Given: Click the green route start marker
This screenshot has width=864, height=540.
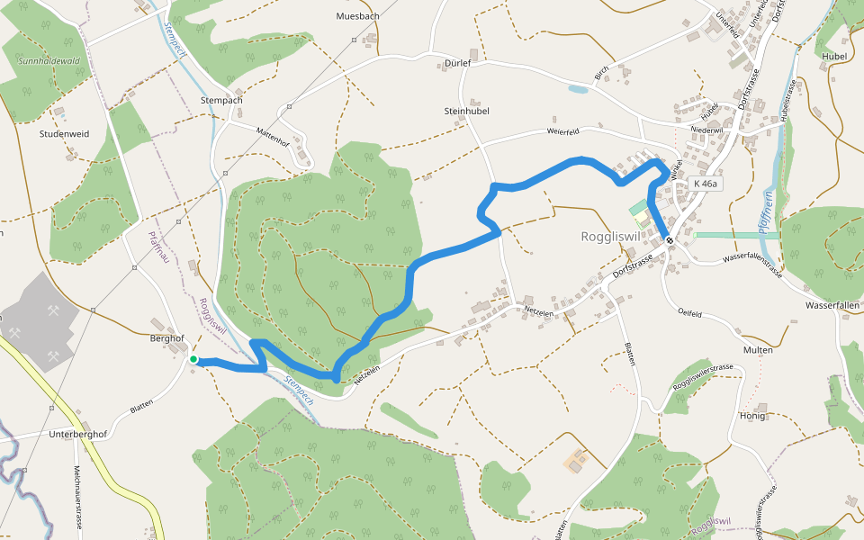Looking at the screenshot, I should [193, 359].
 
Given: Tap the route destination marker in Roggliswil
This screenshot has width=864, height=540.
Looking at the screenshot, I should [670, 239].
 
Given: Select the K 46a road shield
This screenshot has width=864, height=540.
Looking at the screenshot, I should [706, 184].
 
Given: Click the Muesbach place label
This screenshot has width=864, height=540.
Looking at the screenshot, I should [357, 16].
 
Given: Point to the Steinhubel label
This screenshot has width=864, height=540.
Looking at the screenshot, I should [465, 110].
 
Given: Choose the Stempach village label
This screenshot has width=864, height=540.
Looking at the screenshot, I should [221, 100].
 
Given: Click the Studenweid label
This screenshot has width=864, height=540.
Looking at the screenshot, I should [64, 133].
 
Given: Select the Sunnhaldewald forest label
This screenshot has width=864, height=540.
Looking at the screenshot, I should [49, 61].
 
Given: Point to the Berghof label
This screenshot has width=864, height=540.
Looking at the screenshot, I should [166, 338].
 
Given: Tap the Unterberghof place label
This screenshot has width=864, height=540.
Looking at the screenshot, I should [79, 435].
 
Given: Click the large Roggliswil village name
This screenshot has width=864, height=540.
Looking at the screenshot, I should [609, 238].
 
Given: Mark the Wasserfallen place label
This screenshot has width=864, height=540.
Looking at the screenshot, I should [833, 305].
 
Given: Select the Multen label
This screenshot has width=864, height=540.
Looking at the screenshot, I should [758, 349].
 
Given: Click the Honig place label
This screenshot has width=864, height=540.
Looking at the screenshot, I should [751, 416].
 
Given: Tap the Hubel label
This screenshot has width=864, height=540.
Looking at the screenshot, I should [834, 56].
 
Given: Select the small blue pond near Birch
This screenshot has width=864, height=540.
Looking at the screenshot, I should [578, 89].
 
